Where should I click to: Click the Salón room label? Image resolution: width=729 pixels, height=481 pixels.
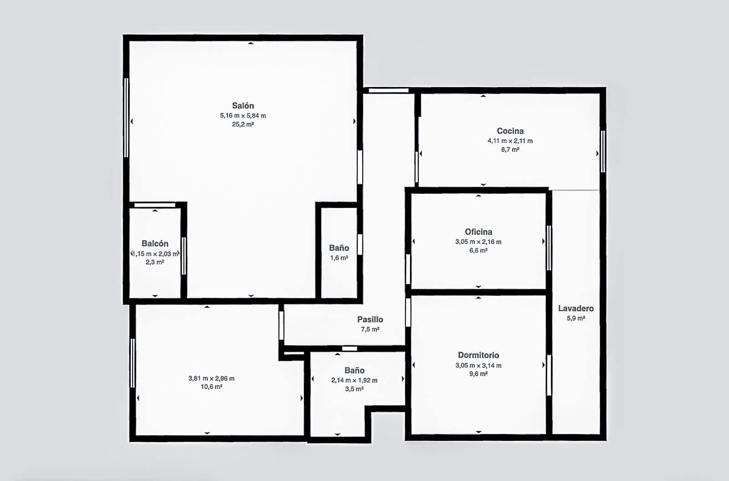point(243,106)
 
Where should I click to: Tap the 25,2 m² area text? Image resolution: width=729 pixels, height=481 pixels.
point(243,124)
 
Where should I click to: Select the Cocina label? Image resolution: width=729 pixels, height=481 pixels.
point(510,131)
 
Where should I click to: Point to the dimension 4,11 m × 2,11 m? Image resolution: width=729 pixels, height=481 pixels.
point(510,141)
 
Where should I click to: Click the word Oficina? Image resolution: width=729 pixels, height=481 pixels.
point(478,232)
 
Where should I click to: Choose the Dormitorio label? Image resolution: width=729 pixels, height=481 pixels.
point(478,355)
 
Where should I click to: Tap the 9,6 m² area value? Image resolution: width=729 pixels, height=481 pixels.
point(478,374)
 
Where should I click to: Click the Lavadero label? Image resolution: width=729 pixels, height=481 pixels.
point(576,308)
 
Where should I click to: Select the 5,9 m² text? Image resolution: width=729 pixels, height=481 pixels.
point(576,318)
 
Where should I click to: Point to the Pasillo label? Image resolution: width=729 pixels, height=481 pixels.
point(370,320)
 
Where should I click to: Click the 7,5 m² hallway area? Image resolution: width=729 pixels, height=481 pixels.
point(370,329)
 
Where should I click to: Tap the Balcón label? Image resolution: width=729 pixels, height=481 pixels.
point(155,243)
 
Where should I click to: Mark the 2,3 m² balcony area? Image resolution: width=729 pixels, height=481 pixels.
point(155,262)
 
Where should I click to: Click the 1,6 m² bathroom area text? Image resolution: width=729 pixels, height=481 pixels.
point(339,258)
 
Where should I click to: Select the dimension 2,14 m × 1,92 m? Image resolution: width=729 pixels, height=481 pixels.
point(354,380)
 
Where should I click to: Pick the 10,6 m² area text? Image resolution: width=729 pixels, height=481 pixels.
point(211,387)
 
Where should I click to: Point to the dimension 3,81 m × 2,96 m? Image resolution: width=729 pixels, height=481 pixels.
point(211,378)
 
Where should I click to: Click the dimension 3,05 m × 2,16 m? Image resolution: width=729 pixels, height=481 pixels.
point(478,242)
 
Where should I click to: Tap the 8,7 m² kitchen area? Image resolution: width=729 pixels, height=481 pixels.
point(510,150)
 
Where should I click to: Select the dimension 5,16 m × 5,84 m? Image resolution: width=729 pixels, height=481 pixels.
point(243,116)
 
